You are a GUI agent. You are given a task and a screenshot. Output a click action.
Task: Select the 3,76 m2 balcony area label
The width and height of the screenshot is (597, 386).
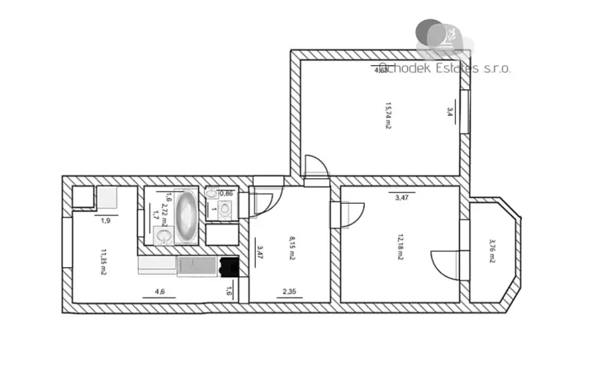(x=491, y=251)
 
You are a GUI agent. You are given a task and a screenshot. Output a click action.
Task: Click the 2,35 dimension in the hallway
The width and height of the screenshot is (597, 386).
(x=289, y=290)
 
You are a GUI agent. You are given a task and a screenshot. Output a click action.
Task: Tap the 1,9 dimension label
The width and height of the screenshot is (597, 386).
(x=106, y=220)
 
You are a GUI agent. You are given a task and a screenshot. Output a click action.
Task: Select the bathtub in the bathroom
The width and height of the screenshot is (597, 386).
(x=187, y=215)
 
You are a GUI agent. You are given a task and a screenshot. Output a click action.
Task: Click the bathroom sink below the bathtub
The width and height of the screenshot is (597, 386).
(x=163, y=237)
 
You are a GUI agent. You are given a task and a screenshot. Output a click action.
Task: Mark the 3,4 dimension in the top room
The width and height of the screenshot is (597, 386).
(x=450, y=111)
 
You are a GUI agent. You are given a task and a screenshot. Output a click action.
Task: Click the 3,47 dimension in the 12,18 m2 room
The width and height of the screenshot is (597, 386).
(x=401, y=198)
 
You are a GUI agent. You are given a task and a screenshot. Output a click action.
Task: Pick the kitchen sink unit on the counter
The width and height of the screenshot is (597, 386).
(x=196, y=265)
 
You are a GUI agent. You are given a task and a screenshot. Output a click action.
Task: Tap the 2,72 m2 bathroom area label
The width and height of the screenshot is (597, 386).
(x=165, y=215)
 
